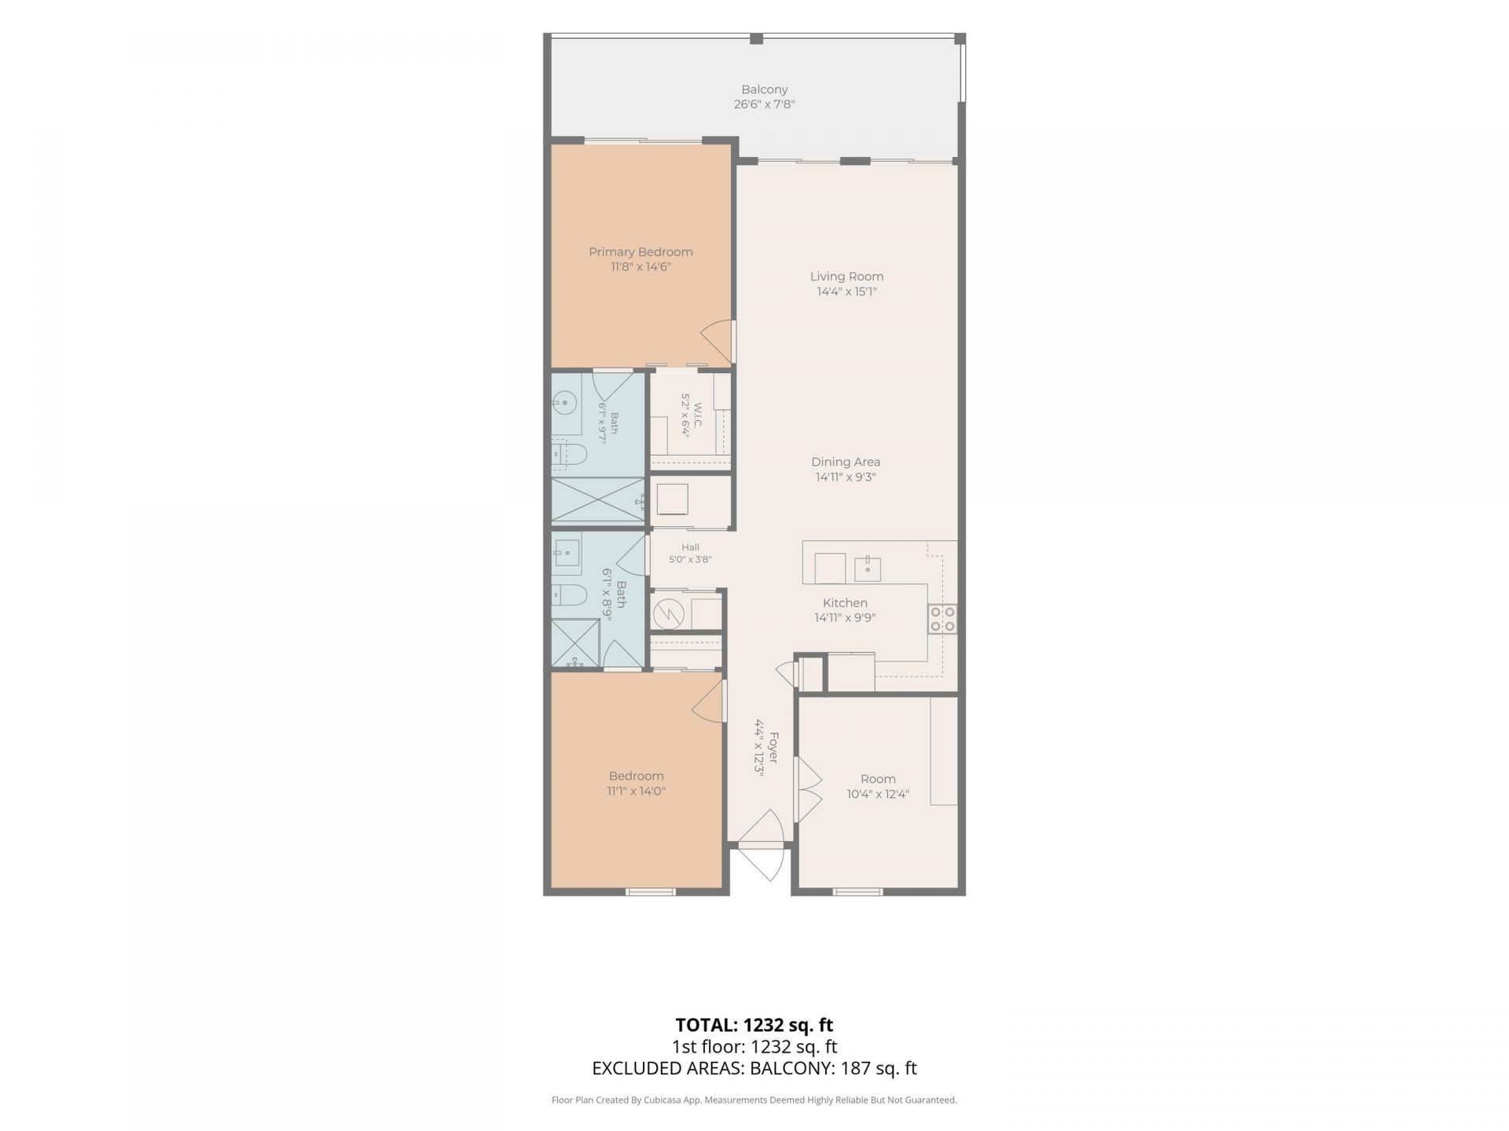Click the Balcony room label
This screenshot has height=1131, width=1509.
[x=764, y=90]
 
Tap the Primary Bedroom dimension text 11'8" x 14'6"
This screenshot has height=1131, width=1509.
[x=641, y=267]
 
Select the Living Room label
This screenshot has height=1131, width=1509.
[x=846, y=276]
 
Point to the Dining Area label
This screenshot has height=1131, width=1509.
[x=846, y=462]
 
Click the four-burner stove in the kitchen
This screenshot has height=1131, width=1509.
[x=942, y=619]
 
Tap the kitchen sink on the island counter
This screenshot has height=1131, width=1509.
[x=868, y=569]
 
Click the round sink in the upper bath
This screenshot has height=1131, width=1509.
[x=564, y=404]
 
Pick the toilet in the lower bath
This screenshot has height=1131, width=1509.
[x=568, y=595]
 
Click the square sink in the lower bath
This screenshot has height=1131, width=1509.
[x=566, y=553]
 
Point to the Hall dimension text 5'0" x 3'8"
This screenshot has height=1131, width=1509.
[x=690, y=560]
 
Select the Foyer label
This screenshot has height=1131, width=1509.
[x=773, y=747]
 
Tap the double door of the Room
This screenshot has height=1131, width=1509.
[x=809, y=790]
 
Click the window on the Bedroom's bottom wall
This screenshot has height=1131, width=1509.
[x=650, y=891]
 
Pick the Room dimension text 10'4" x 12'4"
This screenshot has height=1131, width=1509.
[x=878, y=794]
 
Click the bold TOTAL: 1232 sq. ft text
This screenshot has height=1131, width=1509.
[x=754, y=1025]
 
